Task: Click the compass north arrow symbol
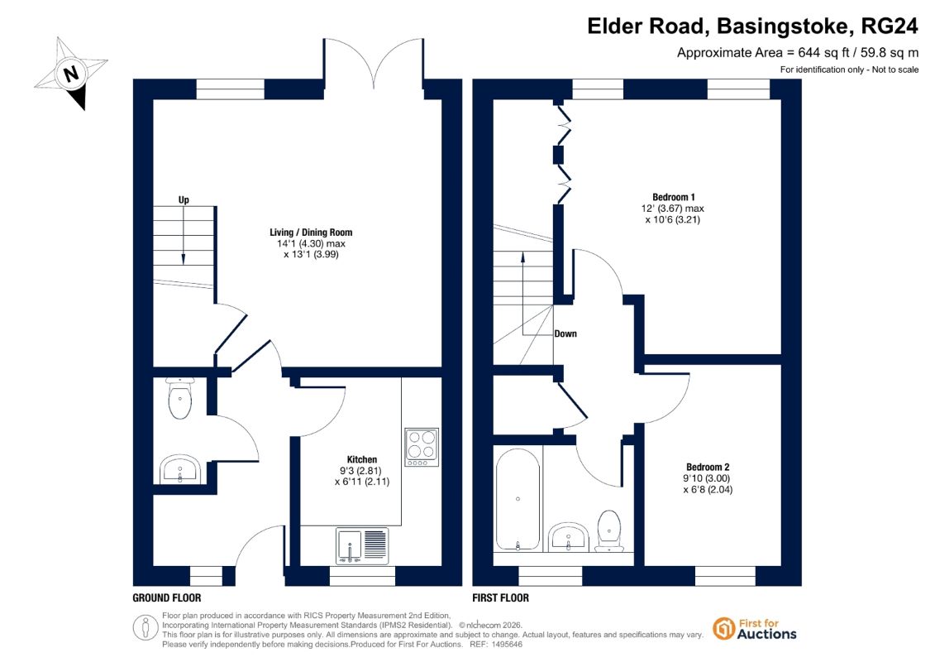point(72,73)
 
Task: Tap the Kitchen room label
point(362,459)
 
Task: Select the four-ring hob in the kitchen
point(422,447)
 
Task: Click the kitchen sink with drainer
point(362,545)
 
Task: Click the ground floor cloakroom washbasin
point(180,468)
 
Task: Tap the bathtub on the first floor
point(518,499)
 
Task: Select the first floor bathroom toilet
point(608,530)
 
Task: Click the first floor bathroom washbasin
point(568,536)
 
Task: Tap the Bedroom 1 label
point(674,197)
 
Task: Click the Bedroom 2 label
point(708,467)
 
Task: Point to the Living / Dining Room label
point(311,233)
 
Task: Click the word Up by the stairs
point(184,199)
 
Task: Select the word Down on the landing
point(565,333)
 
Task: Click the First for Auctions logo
point(754,629)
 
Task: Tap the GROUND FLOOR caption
point(167,597)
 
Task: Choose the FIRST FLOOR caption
point(500,597)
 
